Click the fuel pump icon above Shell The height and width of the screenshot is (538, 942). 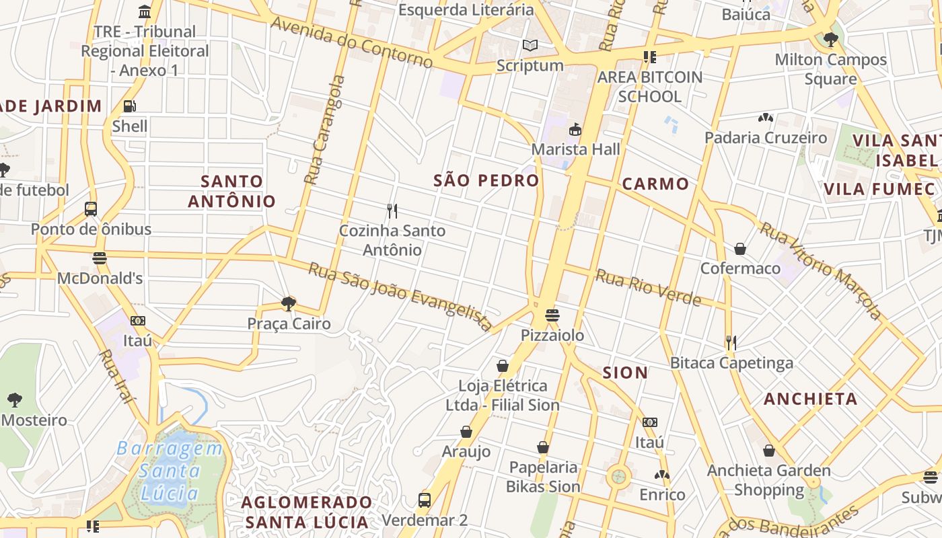tap(130, 106)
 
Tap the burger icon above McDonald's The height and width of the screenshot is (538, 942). tap(100, 258)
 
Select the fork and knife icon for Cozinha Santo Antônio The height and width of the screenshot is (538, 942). tap(392, 211)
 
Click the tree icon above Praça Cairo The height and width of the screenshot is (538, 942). tap(289, 304)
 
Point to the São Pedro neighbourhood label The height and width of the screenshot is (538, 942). tap(486, 180)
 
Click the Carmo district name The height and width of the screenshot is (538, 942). tap(655, 184)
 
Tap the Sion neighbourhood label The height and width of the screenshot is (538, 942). tap(625, 373)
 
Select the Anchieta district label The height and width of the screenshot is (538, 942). tap(810, 399)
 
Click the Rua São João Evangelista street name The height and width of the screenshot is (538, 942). tap(400, 297)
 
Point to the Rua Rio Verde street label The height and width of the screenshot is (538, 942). tap(648, 287)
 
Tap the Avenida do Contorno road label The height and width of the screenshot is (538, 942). tap(351, 42)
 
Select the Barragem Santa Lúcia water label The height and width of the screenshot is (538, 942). tap(170, 471)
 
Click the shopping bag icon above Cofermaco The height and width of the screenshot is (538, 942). tap(740, 249)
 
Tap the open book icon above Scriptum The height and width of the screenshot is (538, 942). tap(530, 46)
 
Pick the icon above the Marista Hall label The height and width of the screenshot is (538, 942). tap(575, 130)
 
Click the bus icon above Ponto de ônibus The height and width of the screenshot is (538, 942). tap(91, 209)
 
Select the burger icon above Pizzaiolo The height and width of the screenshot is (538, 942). tap(552, 315)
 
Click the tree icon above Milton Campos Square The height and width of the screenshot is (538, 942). tap(830, 40)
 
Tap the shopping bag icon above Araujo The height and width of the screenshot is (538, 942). tap(466, 432)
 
